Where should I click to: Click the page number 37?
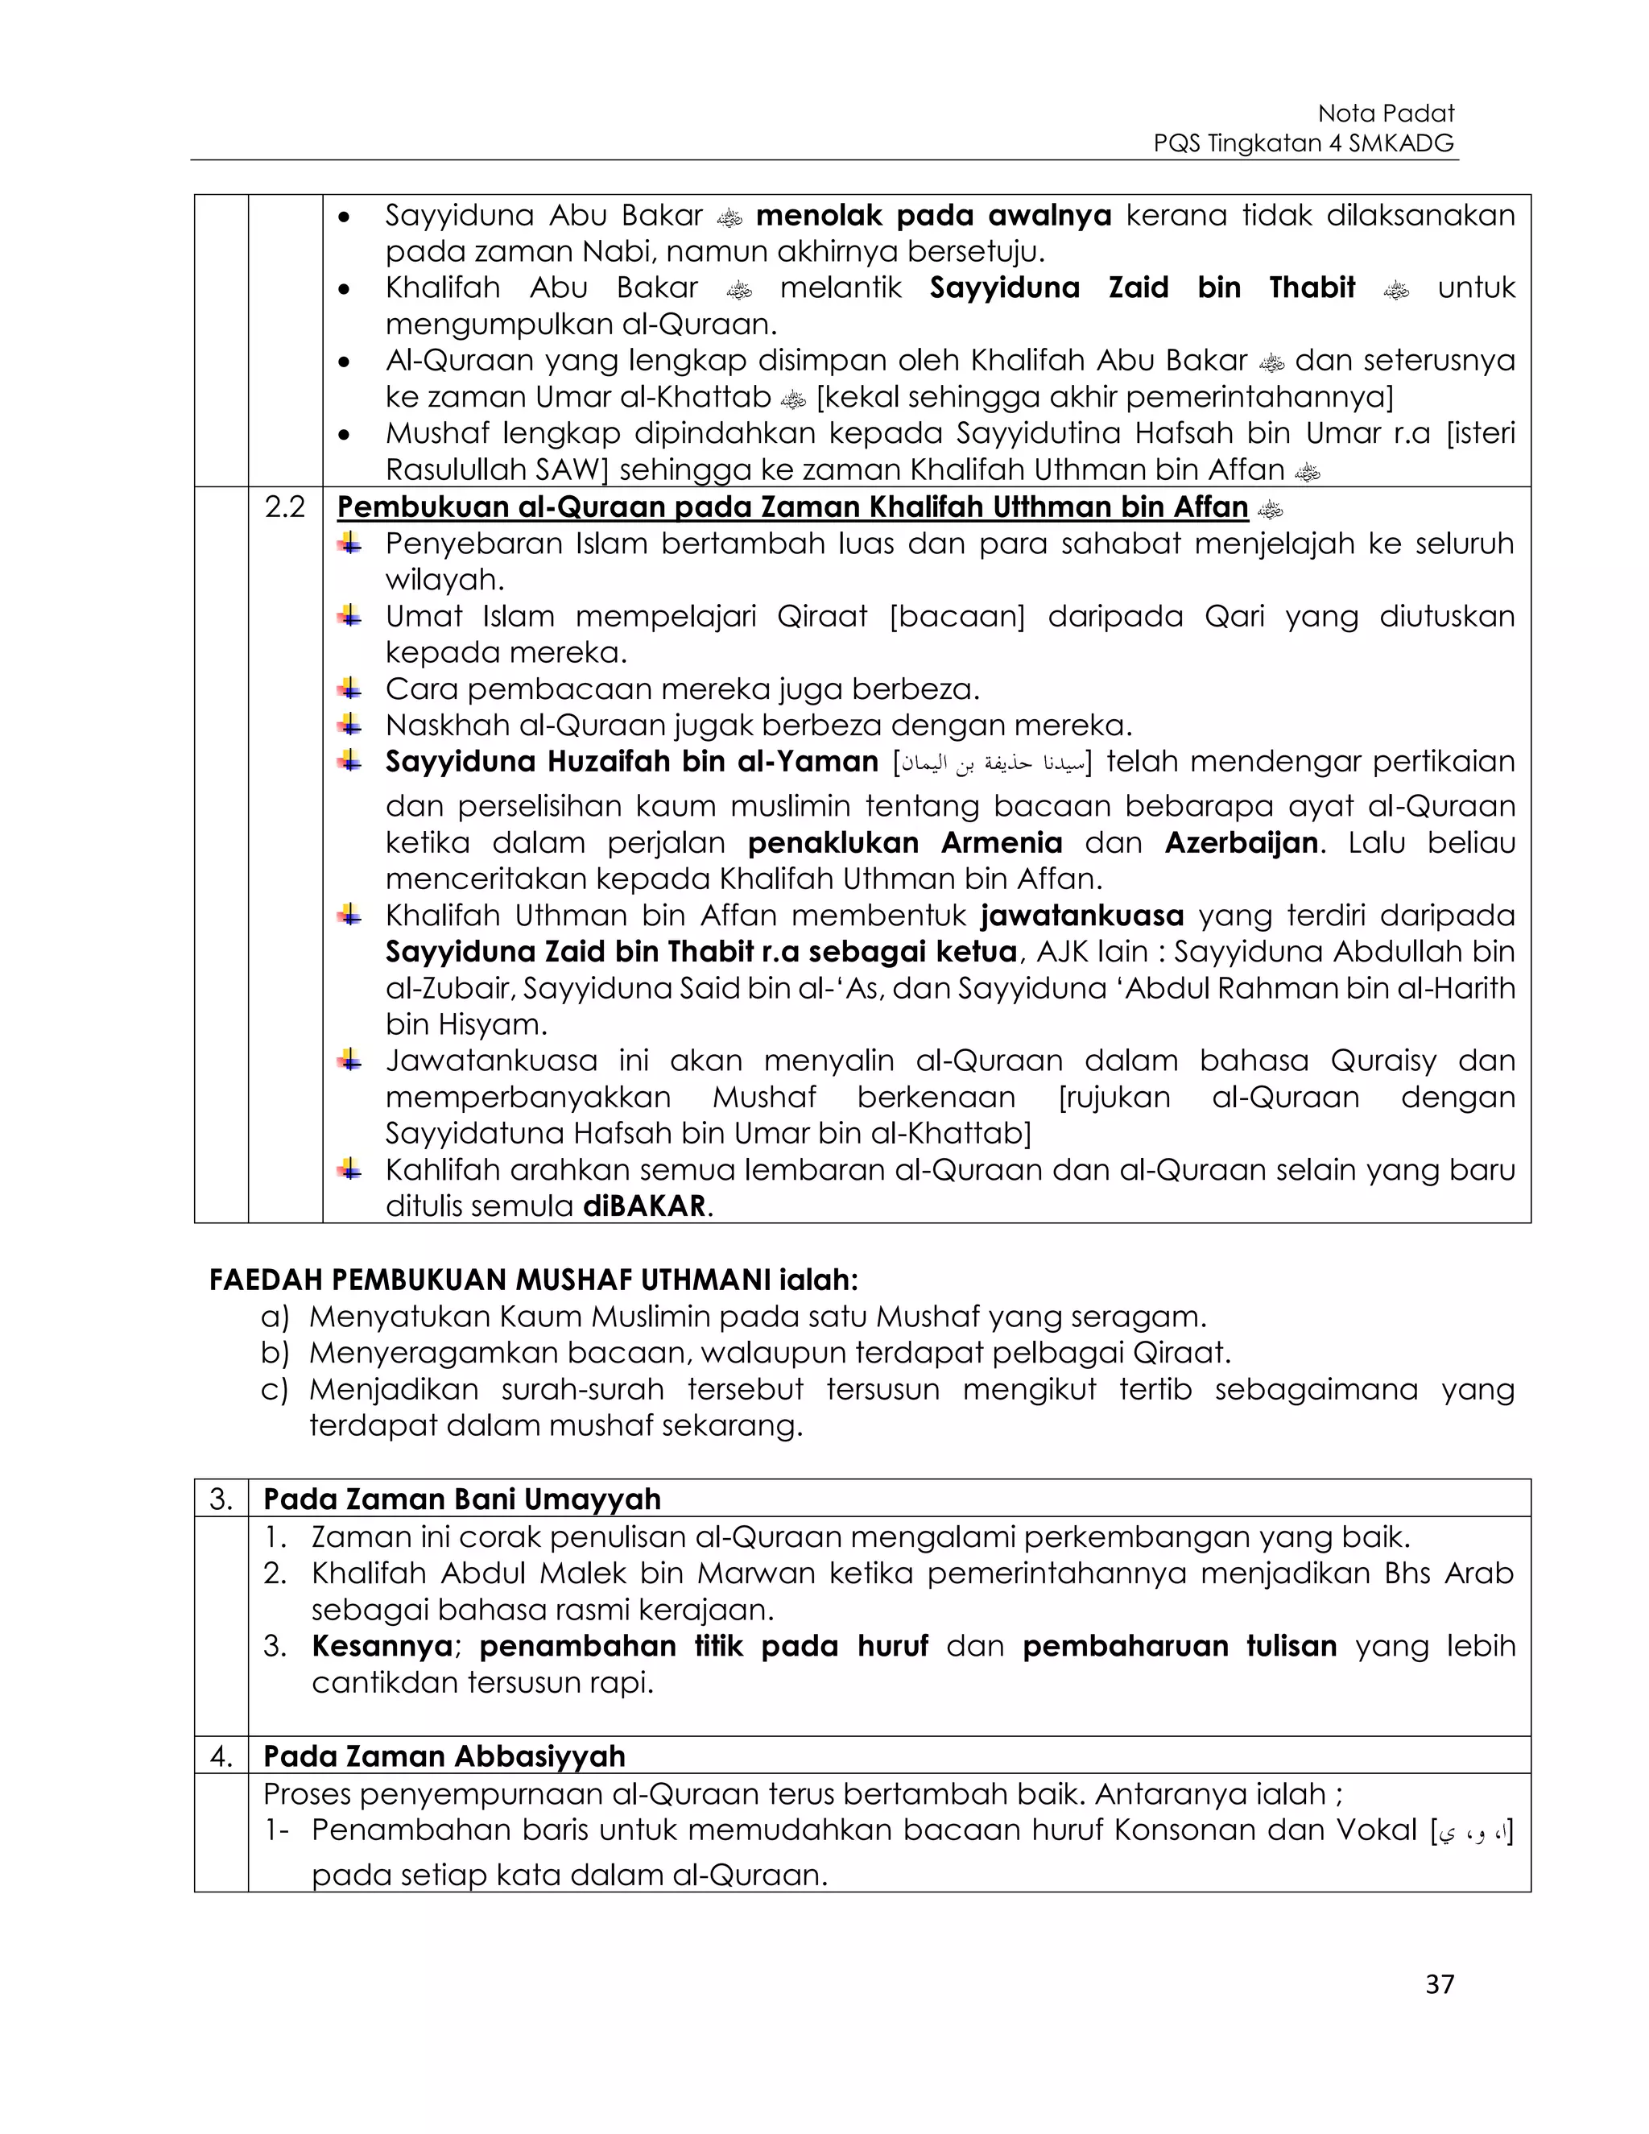pos(1439,1984)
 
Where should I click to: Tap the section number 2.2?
pos(284,507)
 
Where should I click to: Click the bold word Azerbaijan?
pos(1241,842)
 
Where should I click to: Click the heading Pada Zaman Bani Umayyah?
pos(462,1499)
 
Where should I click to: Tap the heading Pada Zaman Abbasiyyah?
pos(444,1756)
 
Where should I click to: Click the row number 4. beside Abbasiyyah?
pos(221,1756)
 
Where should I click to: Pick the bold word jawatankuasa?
pos(1082,916)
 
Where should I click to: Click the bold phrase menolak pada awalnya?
pos(933,215)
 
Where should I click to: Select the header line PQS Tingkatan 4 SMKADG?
pos(1304,143)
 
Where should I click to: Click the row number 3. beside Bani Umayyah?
pos(221,1499)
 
